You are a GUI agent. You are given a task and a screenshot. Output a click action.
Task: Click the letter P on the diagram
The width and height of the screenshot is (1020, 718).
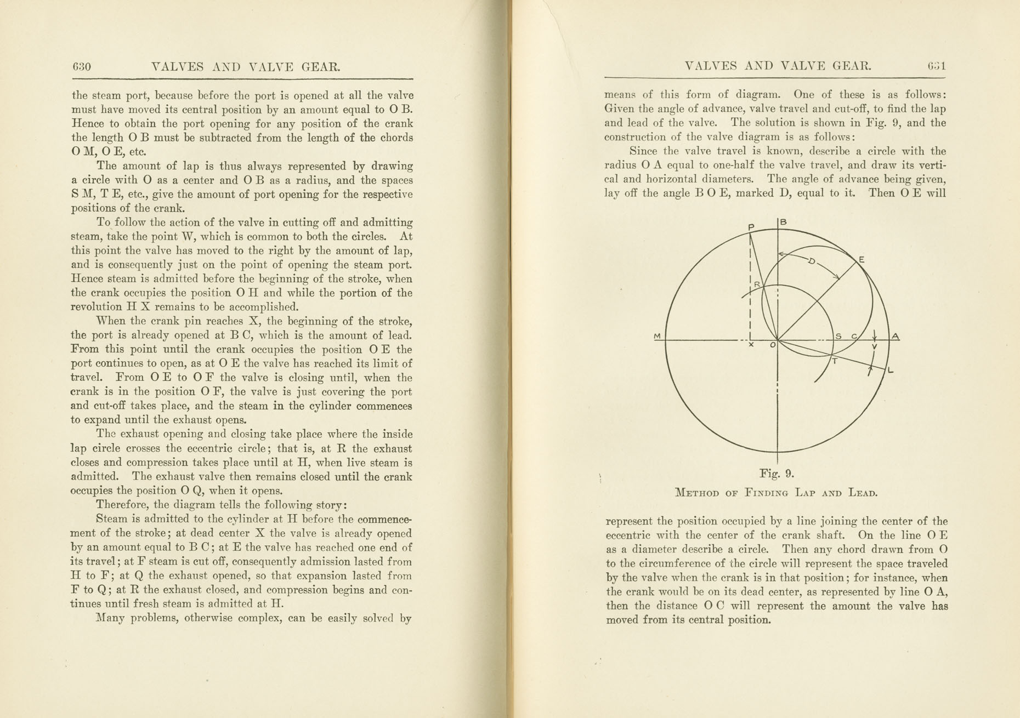click(751, 227)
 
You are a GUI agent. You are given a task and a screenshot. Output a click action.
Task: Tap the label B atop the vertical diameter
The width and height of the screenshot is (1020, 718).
click(784, 222)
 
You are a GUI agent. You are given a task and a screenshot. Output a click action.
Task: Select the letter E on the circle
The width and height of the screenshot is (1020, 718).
click(862, 259)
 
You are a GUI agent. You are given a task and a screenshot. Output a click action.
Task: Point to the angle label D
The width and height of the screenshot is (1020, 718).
click(812, 261)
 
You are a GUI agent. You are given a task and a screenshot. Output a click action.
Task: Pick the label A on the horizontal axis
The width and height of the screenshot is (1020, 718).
click(895, 336)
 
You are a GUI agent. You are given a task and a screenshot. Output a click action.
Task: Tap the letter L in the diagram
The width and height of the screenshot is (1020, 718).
click(891, 371)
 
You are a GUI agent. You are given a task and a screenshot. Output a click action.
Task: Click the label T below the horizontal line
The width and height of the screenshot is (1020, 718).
click(835, 361)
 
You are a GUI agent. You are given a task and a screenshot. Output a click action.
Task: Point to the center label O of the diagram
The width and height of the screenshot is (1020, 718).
click(773, 345)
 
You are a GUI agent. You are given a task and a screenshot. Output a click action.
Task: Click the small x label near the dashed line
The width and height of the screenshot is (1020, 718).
click(751, 345)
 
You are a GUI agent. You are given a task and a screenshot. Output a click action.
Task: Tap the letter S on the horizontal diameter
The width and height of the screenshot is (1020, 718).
click(838, 336)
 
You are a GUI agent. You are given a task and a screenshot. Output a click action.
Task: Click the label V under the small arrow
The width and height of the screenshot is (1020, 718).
click(874, 347)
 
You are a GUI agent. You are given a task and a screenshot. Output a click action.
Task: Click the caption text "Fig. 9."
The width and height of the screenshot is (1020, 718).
click(777, 474)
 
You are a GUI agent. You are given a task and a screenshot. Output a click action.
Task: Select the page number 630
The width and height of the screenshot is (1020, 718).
click(81, 67)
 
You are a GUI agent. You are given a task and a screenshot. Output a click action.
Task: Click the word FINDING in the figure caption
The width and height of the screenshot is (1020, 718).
click(766, 493)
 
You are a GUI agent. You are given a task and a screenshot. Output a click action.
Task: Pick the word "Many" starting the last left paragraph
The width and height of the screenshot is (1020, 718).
click(110, 619)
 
